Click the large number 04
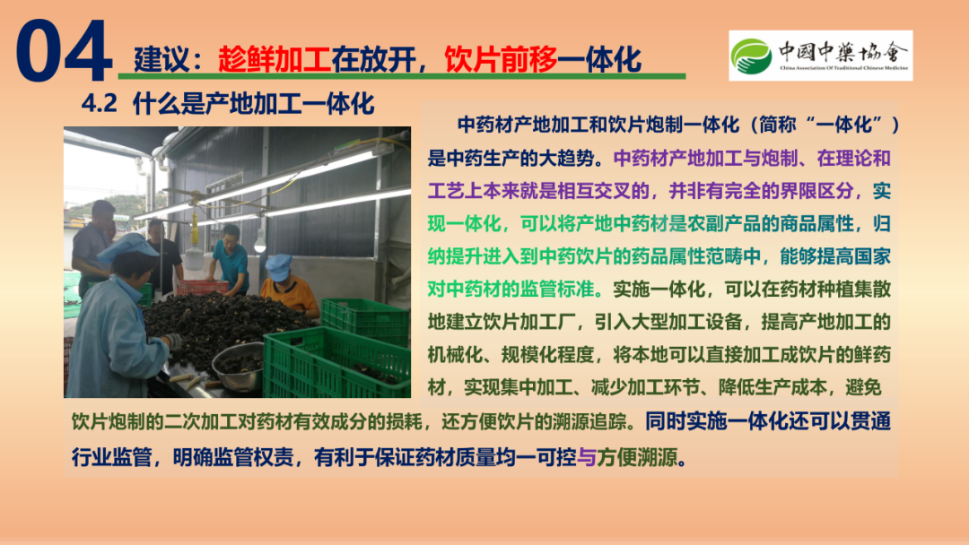click(x=64, y=50)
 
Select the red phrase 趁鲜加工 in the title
click(x=275, y=59)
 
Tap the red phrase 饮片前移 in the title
click(x=501, y=59)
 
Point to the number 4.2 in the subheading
click(x=99, y=104)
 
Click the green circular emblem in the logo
click(x=751, y=56)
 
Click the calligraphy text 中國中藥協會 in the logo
click(x=843, y=51)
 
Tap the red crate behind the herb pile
click(x=203, y=287)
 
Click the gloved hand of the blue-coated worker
click(x=174, y=340)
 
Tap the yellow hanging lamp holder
click(x=195, y=229)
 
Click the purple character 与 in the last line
click(x=586, y=457)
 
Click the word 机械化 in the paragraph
click(x=455, y=354)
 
